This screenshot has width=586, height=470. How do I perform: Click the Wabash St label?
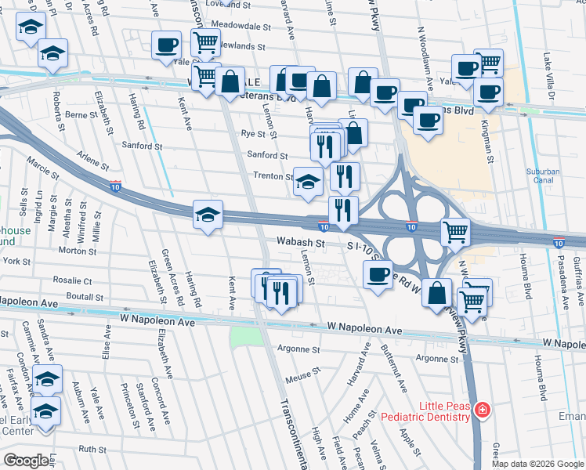tap(299, 244)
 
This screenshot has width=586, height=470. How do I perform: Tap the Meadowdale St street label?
tap(234, 25)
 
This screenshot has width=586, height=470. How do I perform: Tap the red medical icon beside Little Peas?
tap(483, 410)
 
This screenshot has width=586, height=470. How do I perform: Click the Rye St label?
tap(254, 134)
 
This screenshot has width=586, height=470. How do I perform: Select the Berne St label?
tap(81, 114)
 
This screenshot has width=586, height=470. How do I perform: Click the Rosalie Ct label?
tap(73, 280)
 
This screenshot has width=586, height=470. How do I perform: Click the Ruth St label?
tap(92, 450)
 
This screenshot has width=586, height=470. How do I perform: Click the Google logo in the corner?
tap(26, 460)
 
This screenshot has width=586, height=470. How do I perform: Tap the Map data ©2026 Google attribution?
tap(537, 464)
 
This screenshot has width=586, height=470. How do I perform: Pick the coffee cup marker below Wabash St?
tap(378, 275)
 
